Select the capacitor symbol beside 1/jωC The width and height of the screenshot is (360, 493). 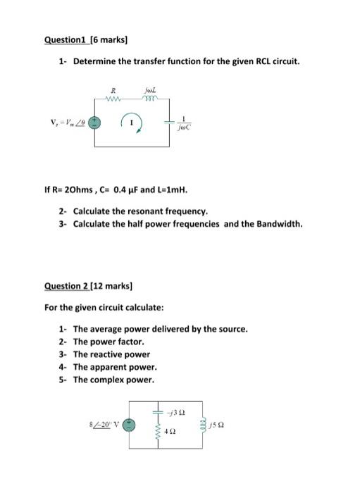click(170, 122)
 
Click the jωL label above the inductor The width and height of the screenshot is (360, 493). click(148, 89)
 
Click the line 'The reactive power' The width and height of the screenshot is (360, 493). click(111, 354)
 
